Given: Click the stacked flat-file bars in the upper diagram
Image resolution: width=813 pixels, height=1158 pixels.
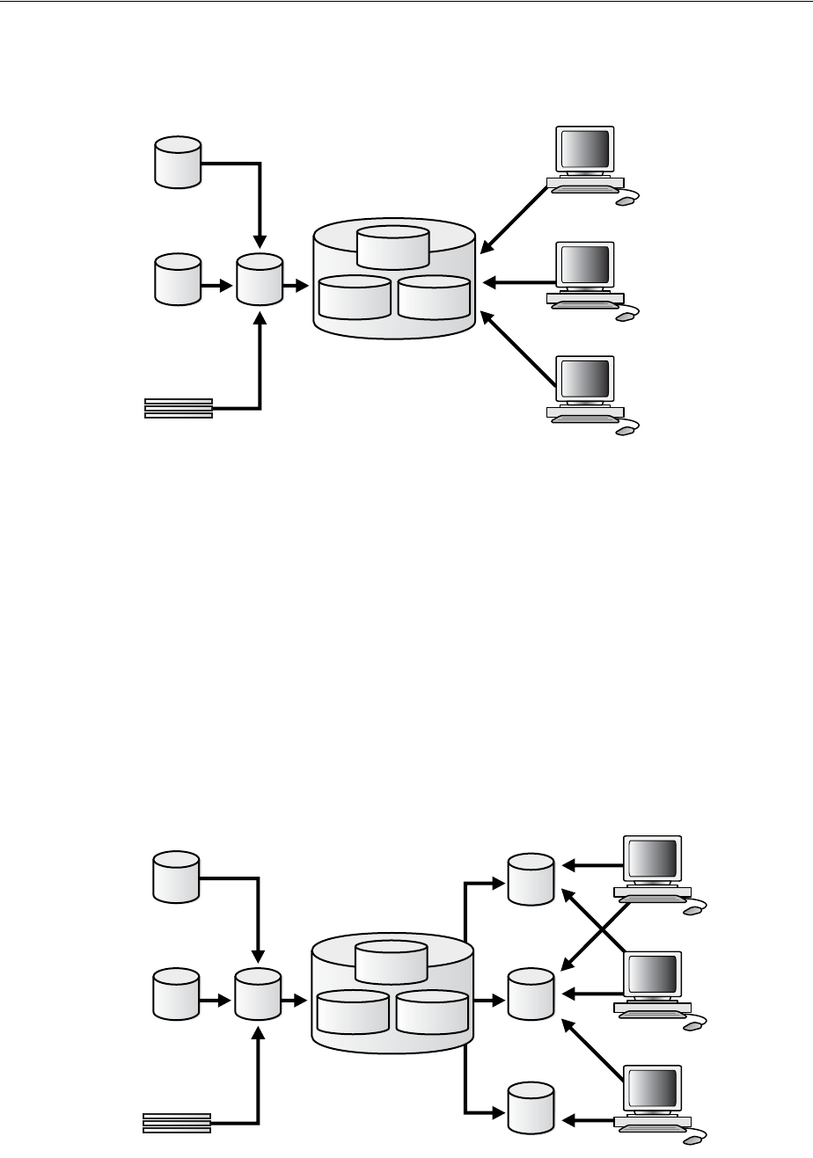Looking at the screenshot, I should click(x=179, y=408).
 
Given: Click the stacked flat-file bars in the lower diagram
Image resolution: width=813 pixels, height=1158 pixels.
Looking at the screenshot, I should click(x=177, y=1123).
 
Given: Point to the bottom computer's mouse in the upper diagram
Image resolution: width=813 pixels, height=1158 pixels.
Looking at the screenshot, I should click(x=625, y=431).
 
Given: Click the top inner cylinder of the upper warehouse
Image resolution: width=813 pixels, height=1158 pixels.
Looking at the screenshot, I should click(x=393, y=246).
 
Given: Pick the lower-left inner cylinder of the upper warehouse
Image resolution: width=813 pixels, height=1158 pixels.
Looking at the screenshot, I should click(x=355, y=297).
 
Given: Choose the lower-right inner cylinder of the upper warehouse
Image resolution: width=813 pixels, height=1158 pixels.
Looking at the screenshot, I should click(x=434, y=297).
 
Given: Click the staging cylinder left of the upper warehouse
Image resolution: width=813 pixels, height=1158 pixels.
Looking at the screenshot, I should click(x=260, y=280).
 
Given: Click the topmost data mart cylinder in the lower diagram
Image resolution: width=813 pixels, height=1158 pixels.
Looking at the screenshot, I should click(x=531, y=878).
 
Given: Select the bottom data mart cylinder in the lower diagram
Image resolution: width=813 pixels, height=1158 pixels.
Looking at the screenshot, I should click(x=531, y=1110).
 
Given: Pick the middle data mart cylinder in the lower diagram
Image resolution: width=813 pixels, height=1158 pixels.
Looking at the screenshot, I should click(x=531, y=994).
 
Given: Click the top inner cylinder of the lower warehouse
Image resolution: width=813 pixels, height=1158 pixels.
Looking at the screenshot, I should click(x=392, y=961).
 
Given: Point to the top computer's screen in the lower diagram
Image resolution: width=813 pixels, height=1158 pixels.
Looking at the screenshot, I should click(x=651, y=859).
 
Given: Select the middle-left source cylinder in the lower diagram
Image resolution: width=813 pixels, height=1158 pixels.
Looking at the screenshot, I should click(x=176, y=994).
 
